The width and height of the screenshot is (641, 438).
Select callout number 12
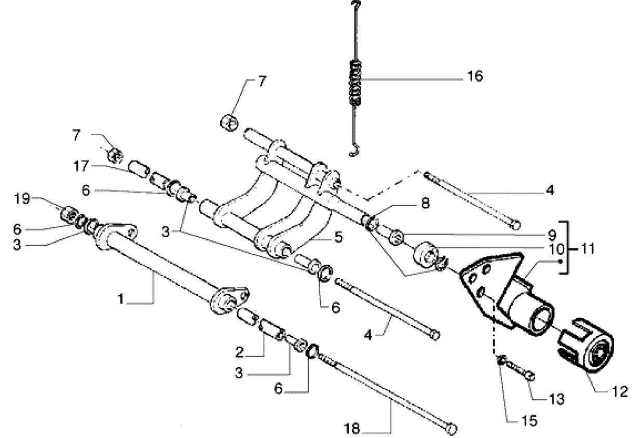point(620,391)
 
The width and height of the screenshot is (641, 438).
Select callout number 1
point(121,299)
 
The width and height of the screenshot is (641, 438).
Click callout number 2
point(239,352)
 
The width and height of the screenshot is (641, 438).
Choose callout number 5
point(338,238)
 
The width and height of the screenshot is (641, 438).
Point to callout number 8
point(426,204)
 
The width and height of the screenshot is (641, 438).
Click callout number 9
point(552,233)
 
